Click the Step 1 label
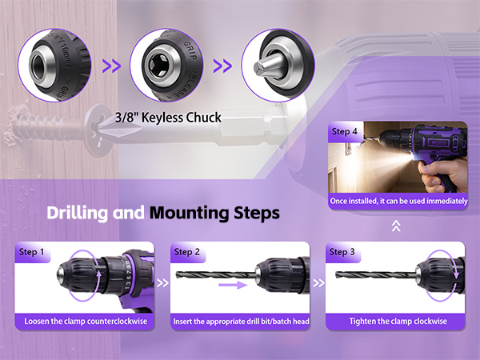click(x=31, y=252)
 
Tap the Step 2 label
click(x=186, y=252)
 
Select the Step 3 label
click(x=342, y=252)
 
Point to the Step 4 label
click(x=344, y=131)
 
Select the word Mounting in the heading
click(x=190, y=213)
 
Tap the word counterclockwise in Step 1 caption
click(x=117, y=321)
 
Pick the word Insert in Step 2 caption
click(x=182, y=322)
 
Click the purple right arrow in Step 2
click(x=233, y=285)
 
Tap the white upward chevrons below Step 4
click(x=396, y=226)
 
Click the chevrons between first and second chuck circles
click(x=111, y=66)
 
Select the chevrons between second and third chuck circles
click(x=222, y=66)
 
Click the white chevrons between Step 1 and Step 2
click(x=162, y=283)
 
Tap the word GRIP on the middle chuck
click(x=190, y=50)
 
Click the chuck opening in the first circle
click(x=38, y=66)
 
